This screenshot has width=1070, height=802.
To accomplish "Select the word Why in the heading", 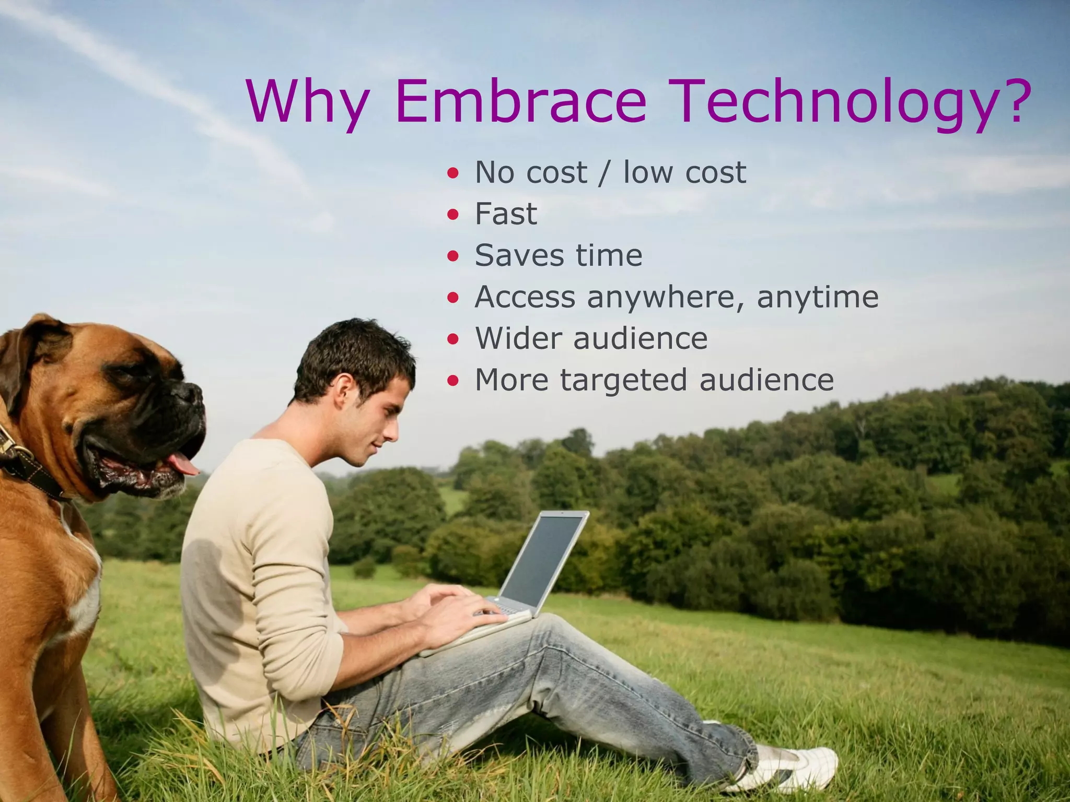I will pyautogui.click(x=308, y=102).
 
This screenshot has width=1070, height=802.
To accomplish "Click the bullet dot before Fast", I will pyautogui.click(x=453, y=215).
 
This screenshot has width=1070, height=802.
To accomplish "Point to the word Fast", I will pyautogui.click(x=505, y=214).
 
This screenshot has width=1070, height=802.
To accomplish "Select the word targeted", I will pyautogui.click(x=623, y=380).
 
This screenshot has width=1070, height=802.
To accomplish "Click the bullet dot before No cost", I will pyautogui.click(x=453, y=173).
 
